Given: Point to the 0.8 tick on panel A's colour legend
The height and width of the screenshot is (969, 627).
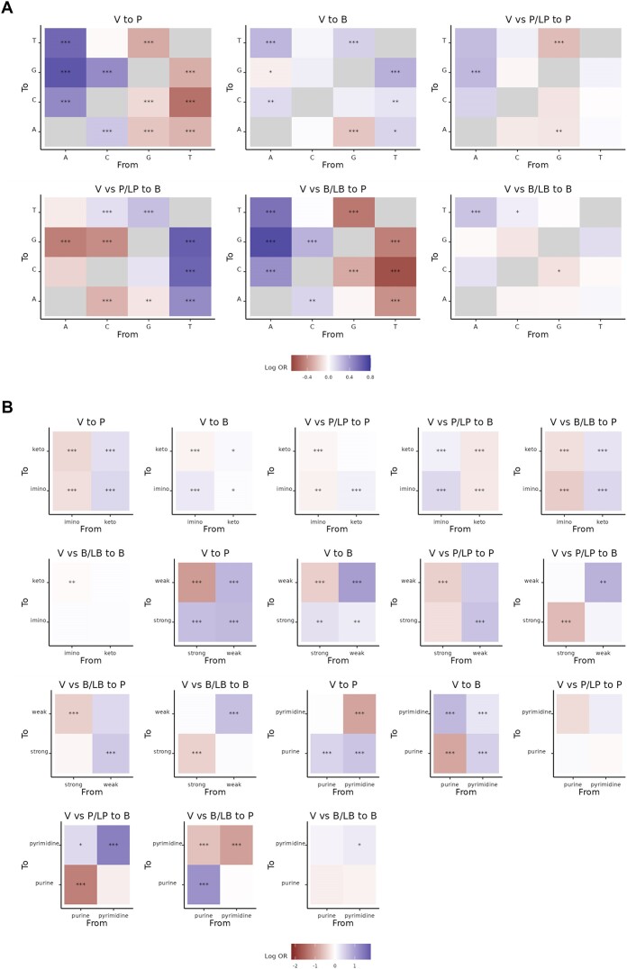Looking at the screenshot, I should [370, 376].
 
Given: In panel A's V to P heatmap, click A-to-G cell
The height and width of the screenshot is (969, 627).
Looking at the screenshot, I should [66, 70].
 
